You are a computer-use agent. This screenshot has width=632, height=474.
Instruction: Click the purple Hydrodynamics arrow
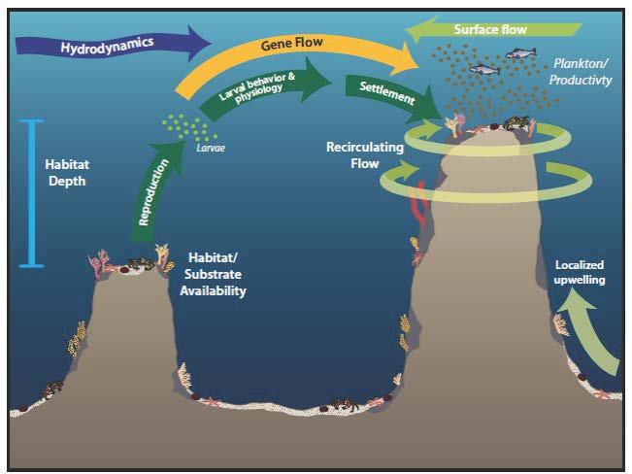pos(109,45)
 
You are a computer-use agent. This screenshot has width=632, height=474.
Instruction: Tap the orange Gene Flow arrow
pos(290,45)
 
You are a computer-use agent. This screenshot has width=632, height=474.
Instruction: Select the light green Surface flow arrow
pos(492,29)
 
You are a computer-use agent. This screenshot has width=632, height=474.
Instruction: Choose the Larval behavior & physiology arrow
pos(262,86)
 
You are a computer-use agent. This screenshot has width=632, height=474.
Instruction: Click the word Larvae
pos(211,148)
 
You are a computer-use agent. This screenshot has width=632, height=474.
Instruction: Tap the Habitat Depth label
pos(67,173)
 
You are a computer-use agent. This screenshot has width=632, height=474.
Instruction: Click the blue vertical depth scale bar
pos(31,193)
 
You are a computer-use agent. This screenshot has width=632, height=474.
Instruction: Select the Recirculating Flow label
pos(365,155)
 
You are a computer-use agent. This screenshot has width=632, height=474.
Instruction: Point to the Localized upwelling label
pos(580,272)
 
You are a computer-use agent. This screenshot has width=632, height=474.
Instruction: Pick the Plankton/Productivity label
pos(581,72)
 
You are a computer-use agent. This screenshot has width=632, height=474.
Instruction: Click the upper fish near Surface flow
pos(520,53)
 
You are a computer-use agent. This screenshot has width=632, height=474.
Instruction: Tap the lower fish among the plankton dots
pos(484,69)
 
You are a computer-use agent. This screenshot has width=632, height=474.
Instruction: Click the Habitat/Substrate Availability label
pos(213,274)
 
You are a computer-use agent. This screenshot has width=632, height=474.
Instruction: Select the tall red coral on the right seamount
pos(419,206)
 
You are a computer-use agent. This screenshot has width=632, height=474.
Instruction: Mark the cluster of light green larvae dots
pos(188,126)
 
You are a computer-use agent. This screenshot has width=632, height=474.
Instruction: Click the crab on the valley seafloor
pos(344,404)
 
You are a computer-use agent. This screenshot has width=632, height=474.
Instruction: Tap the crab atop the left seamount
pos(141,263)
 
